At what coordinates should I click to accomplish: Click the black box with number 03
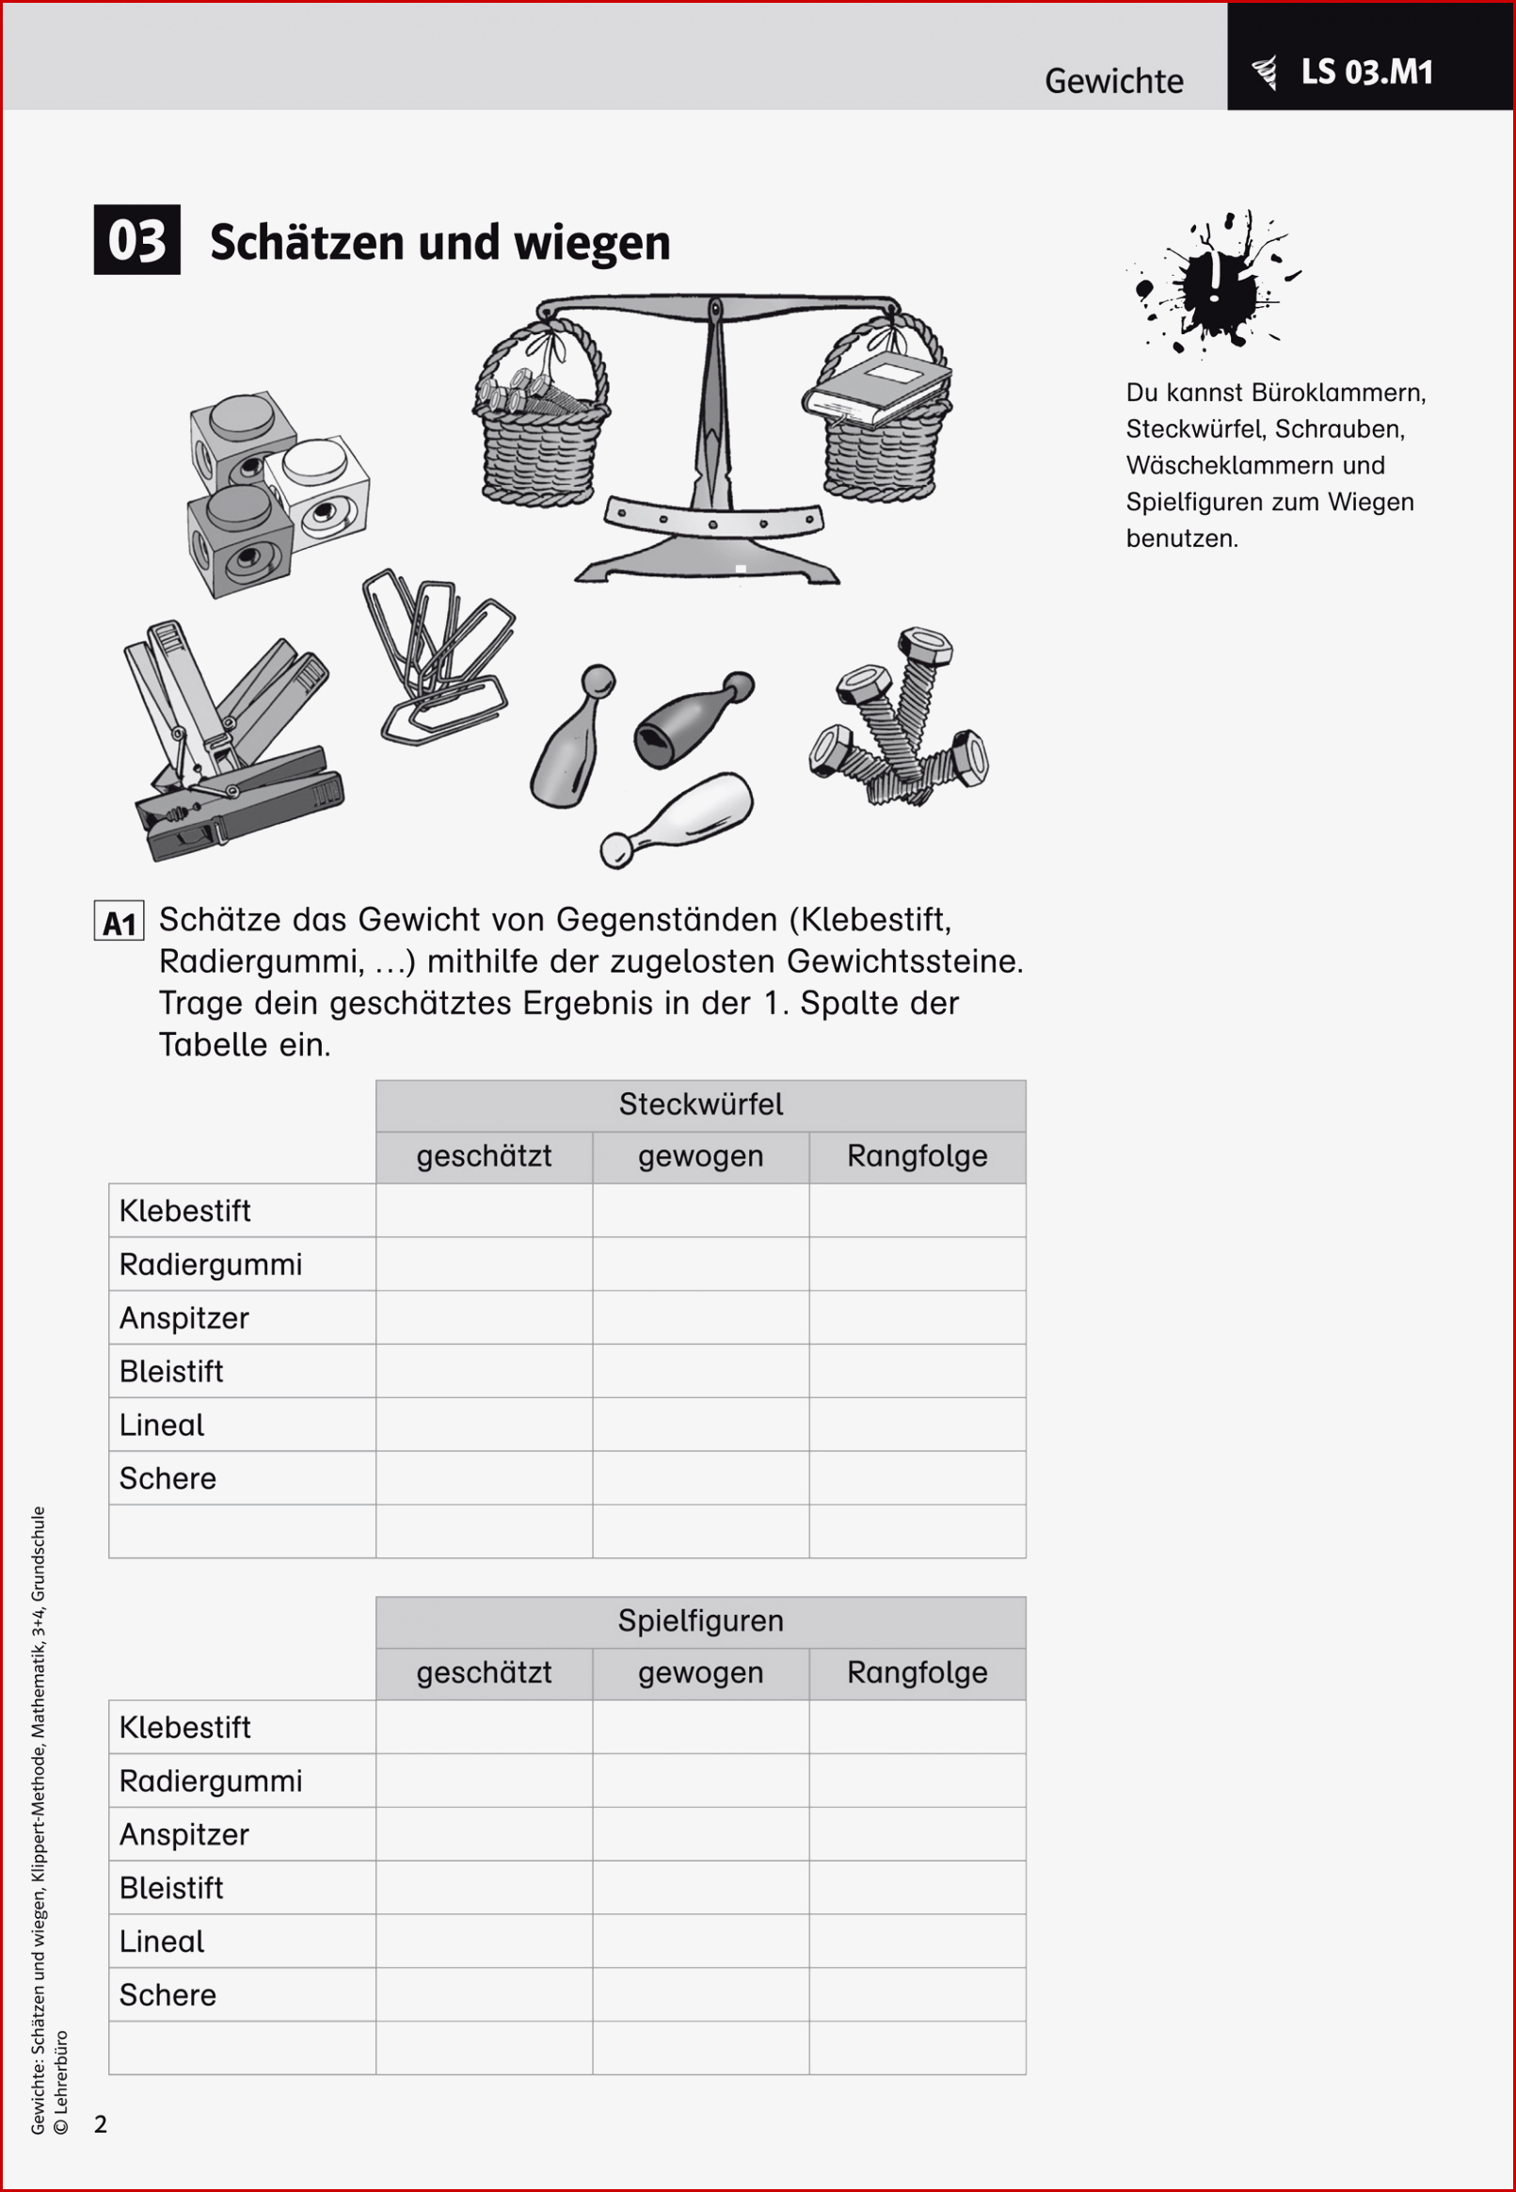(x=136, y=239)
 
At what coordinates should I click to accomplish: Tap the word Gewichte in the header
(x=1113, y=82)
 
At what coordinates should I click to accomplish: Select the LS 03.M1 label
(x=1366, y=73)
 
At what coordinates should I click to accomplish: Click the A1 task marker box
(x=119, y=921)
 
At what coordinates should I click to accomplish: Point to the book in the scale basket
(x=876, y=389)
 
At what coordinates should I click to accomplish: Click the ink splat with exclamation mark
(x=1213, y=283)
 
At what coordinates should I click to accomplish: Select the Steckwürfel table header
(x=700, y=1104)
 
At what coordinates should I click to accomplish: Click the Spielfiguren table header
(x=700, y=1620)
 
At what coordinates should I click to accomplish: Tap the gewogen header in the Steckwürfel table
(x=700, y=1156)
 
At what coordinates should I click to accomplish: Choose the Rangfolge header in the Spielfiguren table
(x=917, y=1672)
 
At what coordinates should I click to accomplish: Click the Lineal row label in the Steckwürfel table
(x=163, y=1425)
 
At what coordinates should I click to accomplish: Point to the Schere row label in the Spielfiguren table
(x=168, y=1994)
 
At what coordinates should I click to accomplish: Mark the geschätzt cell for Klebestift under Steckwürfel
(x=484, y=1210)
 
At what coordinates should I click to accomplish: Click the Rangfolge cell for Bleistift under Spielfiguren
(x=917, y=1887)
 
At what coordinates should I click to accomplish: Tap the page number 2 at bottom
(x=101, y=2124)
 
